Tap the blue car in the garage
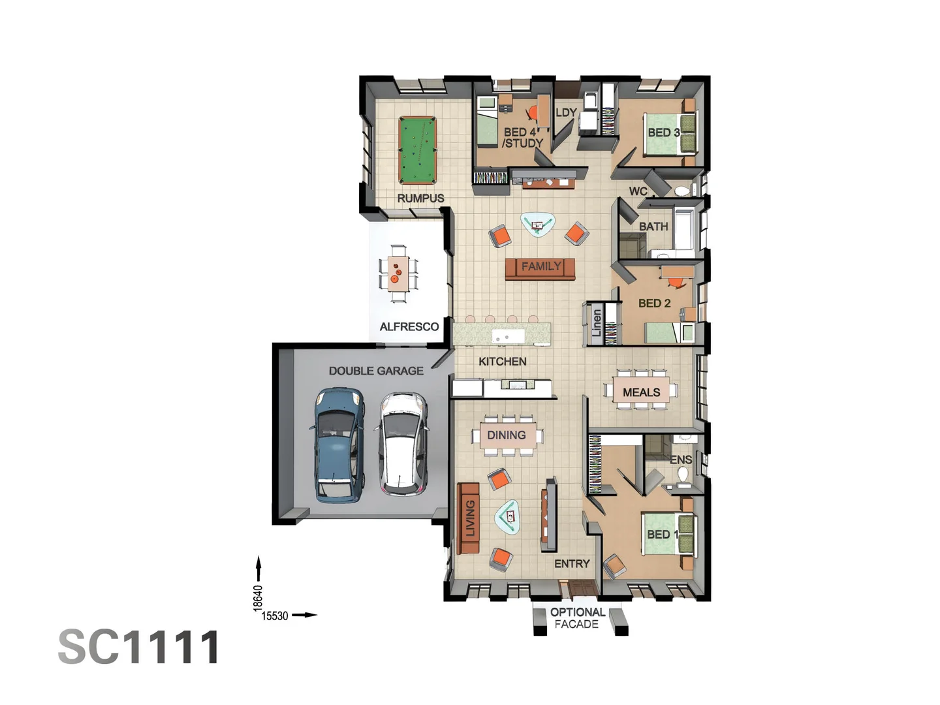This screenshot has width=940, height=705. tap(337, 445)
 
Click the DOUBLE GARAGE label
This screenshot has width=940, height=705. tap(376, 371)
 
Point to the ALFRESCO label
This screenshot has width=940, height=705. tap(409, 326)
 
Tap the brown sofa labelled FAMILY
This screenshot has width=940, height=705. tap(540, 267)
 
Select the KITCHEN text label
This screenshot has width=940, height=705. tap(502, 361)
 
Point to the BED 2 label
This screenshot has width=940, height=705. tap(654, 303)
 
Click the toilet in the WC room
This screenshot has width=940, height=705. tap(682, 191)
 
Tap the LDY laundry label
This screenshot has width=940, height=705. tap(566, 112)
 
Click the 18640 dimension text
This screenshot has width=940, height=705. tap(258, 598)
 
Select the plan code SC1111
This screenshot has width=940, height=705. tap(139, 648)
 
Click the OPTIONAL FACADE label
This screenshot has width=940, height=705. tap(577, 618)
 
